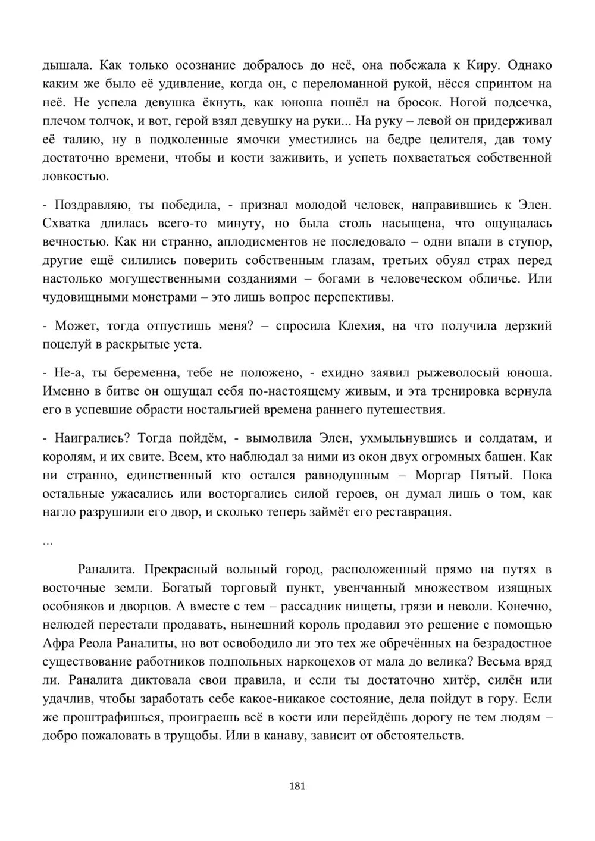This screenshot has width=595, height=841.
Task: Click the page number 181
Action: tap(297, 786)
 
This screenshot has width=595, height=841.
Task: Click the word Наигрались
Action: tap(92, 438)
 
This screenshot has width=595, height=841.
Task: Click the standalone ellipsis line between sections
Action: tap(48, 543)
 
